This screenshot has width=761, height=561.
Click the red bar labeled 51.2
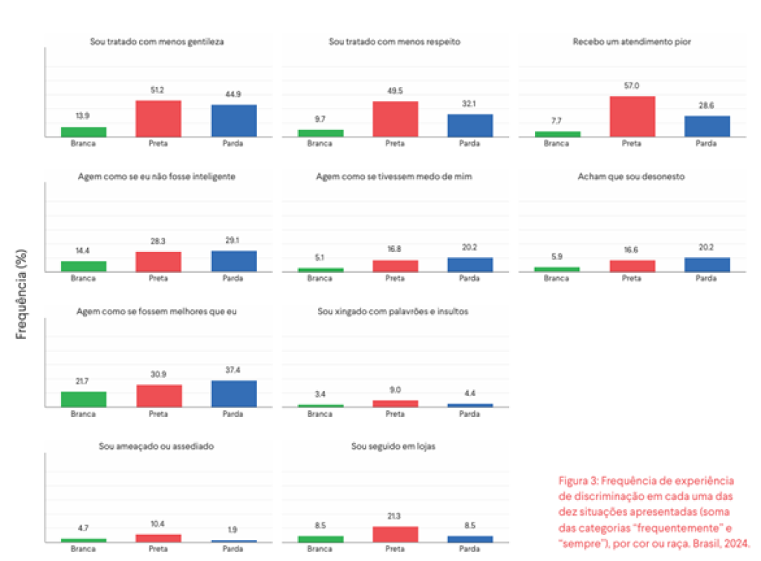158,119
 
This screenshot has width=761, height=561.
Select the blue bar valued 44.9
233,121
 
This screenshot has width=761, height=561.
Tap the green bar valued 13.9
83,132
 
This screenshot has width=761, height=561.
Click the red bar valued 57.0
632,117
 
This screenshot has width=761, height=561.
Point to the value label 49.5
395,90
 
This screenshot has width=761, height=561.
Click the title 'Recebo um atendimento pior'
632,42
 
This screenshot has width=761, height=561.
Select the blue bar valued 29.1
233,262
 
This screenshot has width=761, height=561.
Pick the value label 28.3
158,241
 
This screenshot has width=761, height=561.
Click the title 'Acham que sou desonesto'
631,177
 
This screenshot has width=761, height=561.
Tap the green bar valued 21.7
83,399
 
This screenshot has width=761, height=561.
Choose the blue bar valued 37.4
233,394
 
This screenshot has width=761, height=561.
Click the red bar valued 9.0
395,403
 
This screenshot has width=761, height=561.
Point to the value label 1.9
233,529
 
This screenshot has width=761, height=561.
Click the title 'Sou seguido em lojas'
395,447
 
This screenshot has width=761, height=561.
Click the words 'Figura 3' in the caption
576,480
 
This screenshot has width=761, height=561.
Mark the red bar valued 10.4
158,538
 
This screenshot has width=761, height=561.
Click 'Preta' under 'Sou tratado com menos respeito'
395,143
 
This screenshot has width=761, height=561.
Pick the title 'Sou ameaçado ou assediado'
157,447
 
